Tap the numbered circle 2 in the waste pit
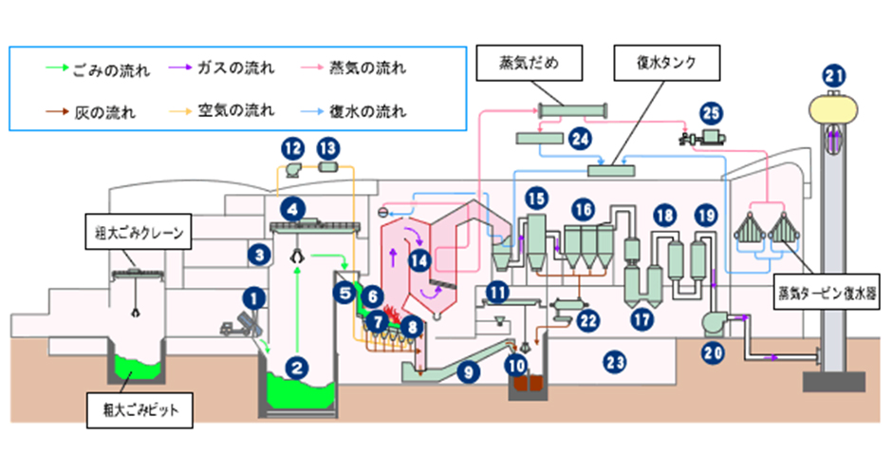tap(298, 364)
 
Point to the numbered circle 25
tap(711, 113)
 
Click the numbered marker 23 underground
tap(615, 360)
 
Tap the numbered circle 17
tap(642, 319)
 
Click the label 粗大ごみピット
tap(134, 411)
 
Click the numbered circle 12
tap(292, 147)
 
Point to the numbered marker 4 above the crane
tap(296, 206)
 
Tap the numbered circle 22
tap(588, 320)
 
